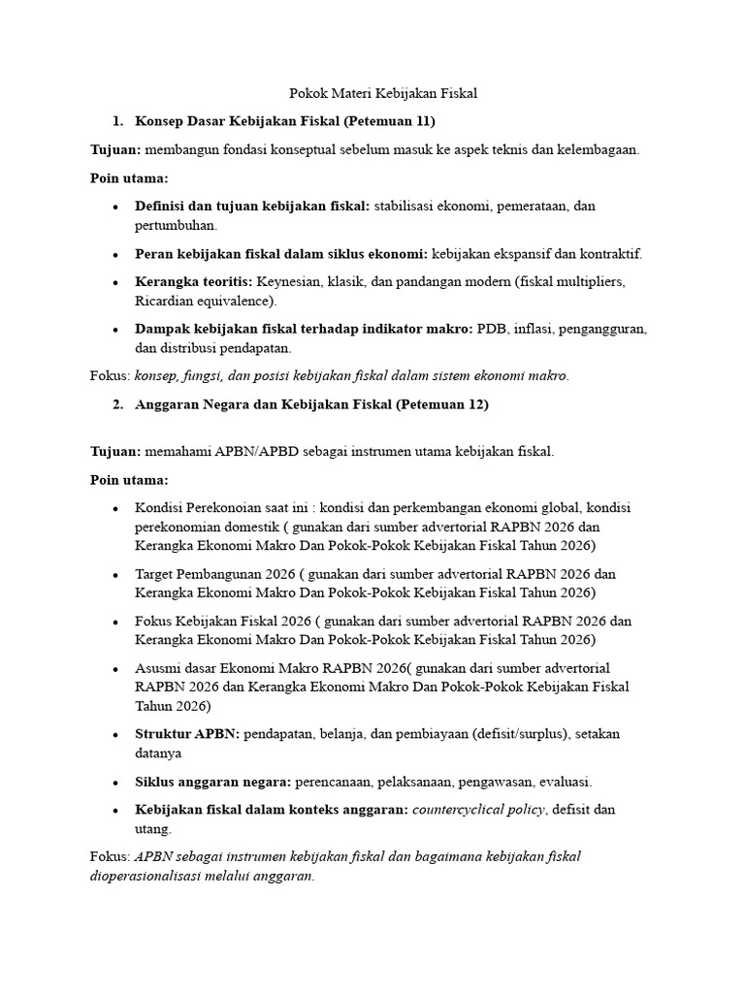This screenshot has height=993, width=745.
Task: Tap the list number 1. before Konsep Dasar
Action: click(x=117, y=121)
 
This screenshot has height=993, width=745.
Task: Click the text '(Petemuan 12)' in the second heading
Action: click(x=442, y=404)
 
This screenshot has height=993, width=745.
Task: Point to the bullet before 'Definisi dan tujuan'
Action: click(x=115, y=207)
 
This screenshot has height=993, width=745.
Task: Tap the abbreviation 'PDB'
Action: click(x=493, y=329)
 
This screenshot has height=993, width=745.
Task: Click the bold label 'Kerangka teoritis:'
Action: click(x=193, y=282)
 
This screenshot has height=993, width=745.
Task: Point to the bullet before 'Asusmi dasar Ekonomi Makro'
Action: click(x=115, y=668)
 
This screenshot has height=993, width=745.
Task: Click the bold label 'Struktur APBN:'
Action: click(x=187, y=734)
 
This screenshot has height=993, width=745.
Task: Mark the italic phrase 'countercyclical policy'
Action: click(x=478, y=810)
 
